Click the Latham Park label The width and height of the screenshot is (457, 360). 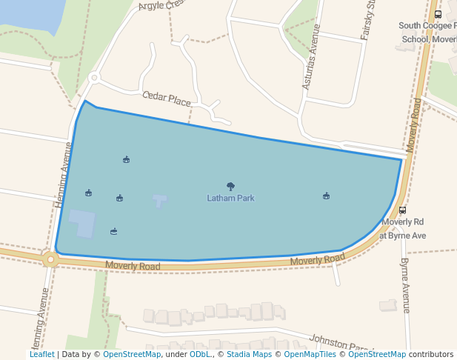230,199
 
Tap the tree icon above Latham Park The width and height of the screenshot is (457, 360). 230,187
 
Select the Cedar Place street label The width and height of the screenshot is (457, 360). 166,99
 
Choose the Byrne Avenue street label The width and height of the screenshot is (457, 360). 405,285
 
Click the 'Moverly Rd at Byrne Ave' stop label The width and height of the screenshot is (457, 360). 404,228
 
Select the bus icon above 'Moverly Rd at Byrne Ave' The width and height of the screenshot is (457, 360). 402,210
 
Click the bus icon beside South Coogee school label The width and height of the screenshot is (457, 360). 438,14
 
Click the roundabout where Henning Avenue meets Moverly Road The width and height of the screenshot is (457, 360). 50,259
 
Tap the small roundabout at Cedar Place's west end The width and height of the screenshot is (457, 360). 93,77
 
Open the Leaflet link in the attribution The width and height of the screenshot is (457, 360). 42,355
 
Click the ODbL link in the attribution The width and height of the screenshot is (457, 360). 199,355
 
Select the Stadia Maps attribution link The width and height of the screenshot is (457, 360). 249,355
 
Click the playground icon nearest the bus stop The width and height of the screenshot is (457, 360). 326,196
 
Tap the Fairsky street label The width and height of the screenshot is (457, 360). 370,13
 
